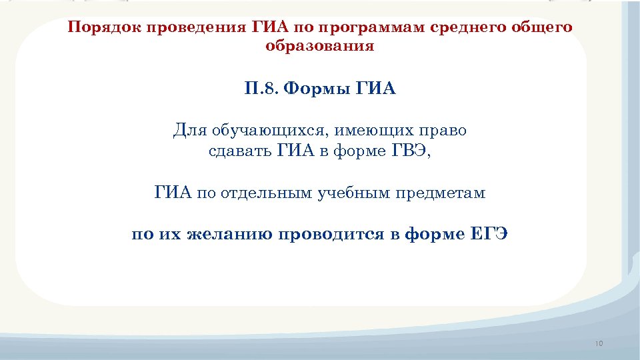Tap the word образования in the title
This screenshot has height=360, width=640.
point(320,47)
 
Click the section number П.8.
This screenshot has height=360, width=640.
point(261,89)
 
